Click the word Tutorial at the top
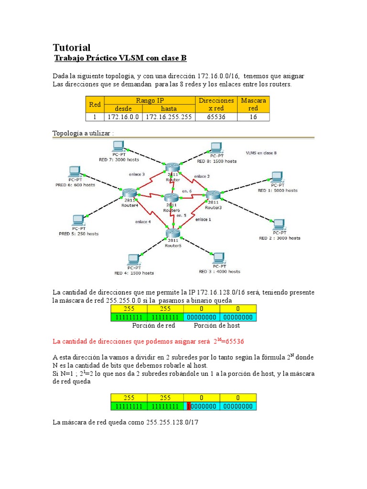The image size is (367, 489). tap(71, 47)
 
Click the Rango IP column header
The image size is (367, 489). tap(150, 100)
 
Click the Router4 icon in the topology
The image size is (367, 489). tap(129, 192)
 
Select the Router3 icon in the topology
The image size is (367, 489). tap(213, 195)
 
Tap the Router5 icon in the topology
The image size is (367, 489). tap(173, 234)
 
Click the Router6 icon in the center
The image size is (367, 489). tap(172, 198)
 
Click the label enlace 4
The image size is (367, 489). tap(143, 222)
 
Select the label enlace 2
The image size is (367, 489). tap(202, 176)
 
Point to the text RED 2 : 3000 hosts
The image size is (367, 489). tap(280, 237)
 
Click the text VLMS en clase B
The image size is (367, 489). tap(261, 153)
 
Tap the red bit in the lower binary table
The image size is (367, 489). tap(189, 406)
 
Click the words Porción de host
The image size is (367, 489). tap(216, 326)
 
